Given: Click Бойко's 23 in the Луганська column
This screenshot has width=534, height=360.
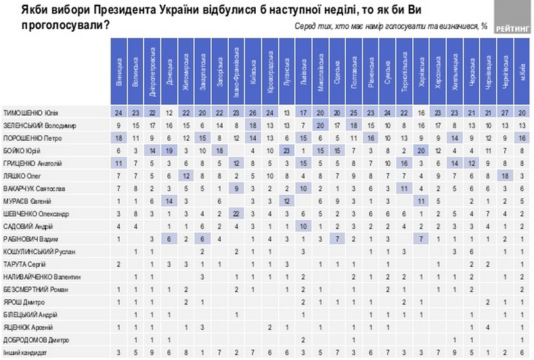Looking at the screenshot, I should pyautogui.click(x=287, y=149).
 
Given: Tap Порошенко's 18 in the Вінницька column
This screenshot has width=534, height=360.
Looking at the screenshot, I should pyautogui.click(x=119, y=137).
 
